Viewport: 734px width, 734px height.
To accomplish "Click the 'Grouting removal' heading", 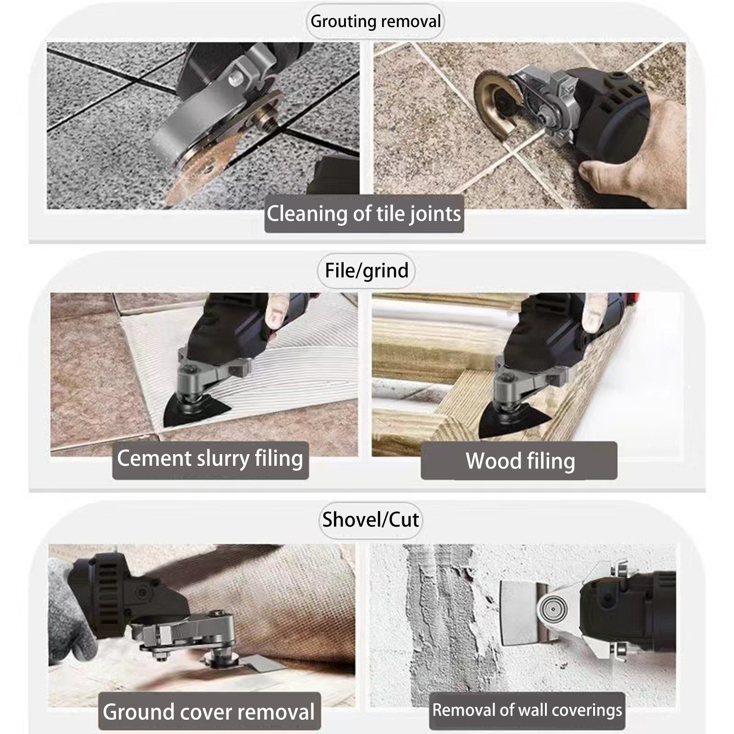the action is click(x=375, y=21).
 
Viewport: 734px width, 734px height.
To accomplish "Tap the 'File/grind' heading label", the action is click(x=367, y=270).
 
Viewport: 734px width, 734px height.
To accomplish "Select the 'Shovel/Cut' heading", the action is click(x=370, y=519).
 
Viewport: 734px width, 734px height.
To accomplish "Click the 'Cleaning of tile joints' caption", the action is click(x=364, y=214).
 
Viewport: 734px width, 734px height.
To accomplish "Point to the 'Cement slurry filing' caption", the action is click(x=210, y=459).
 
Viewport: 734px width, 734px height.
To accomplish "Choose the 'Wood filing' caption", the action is click(x=520, y=461).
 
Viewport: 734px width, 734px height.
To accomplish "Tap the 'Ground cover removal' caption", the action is click(x=209, y=712).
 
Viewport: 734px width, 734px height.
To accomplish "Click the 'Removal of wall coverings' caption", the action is click(x=527, y=710).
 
